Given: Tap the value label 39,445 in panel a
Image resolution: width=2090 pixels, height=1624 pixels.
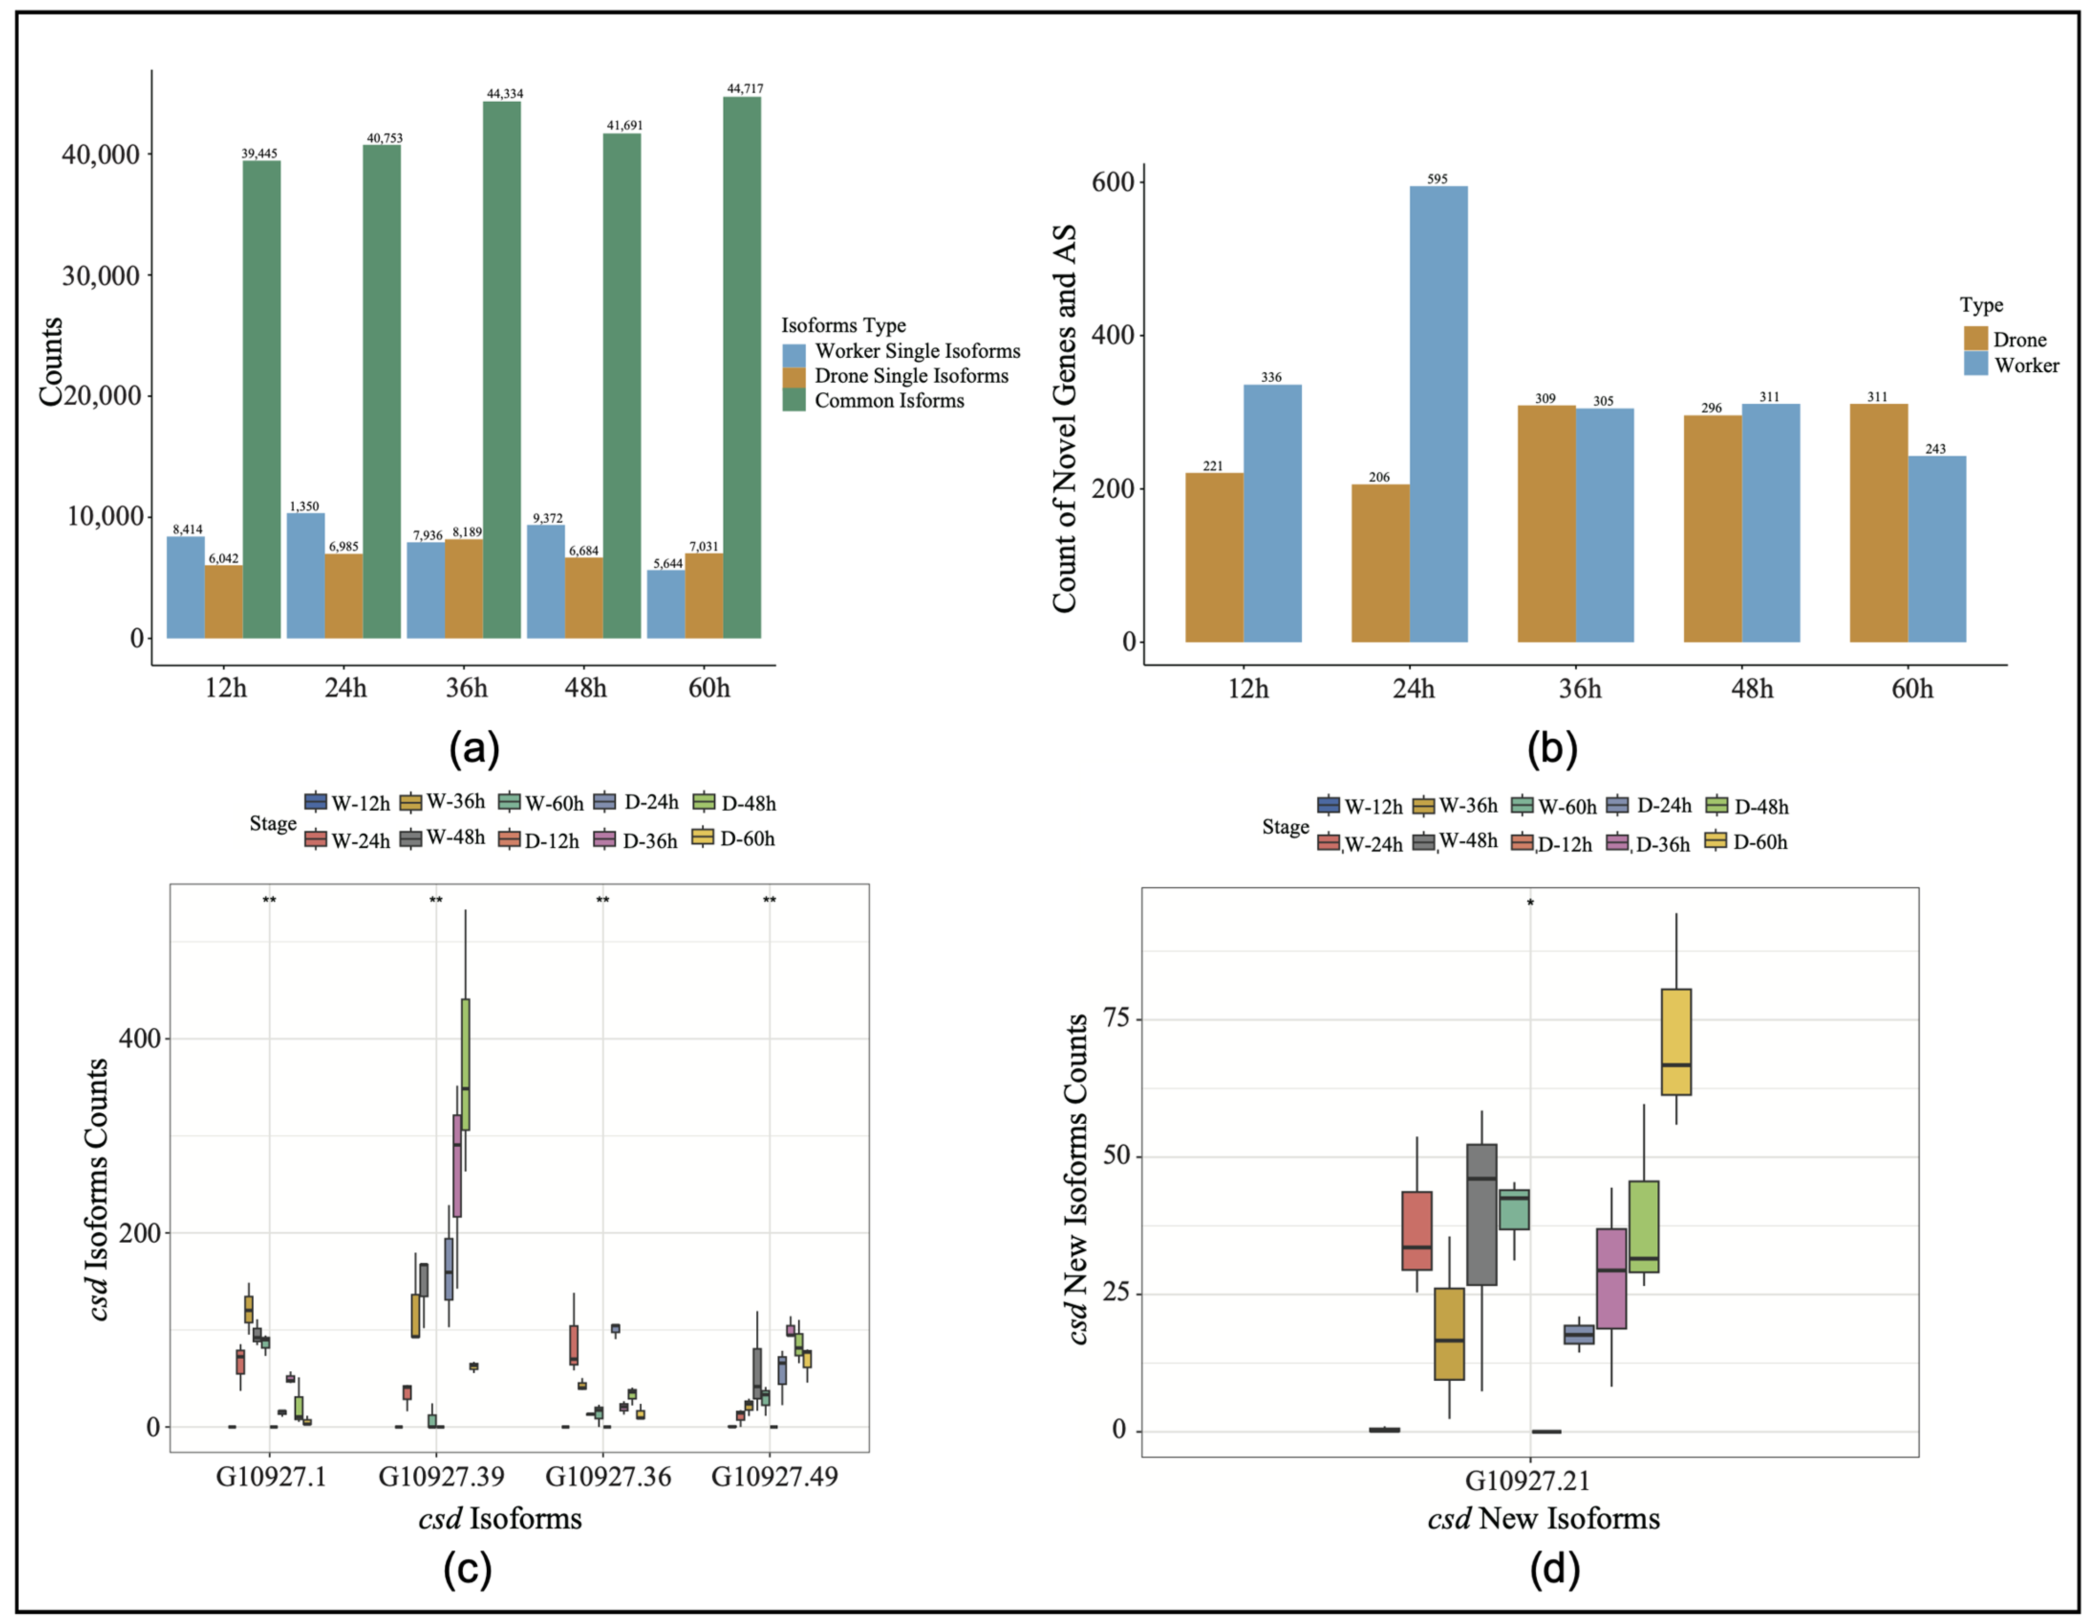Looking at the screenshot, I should pyautogui.click(x=259, y=153).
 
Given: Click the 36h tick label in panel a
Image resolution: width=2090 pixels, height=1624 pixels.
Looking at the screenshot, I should pyautogui.click(x=466, y=688).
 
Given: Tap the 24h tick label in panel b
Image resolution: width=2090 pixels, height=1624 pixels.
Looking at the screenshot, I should pyautogui.click(x=1413, y=689).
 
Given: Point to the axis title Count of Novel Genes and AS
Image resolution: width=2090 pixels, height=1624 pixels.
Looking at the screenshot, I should pyautogui.click(x=1064, y=419).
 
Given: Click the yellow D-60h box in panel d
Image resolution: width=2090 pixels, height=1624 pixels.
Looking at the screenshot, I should pyautogui.click(x=1676, y=1041).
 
